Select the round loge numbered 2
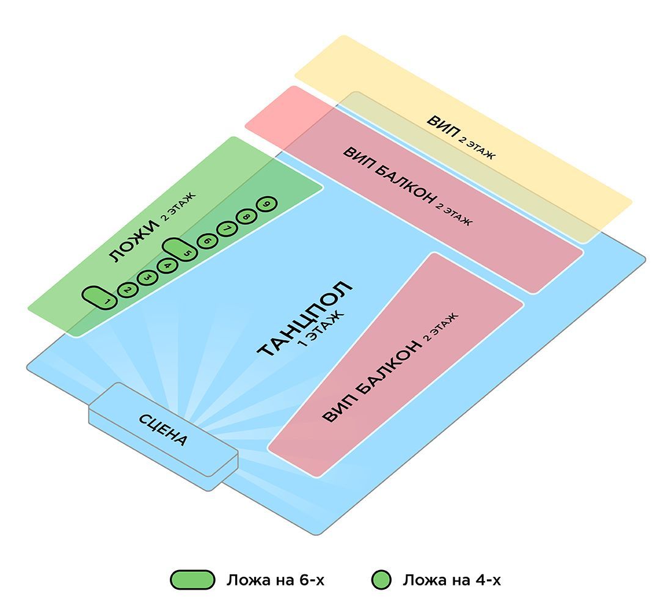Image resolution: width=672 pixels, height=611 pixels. [127, 290]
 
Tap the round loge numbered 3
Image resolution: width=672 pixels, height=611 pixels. [147, 278]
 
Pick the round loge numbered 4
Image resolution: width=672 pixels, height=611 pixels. [167, 266]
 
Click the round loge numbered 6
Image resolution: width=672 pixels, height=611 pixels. [207, 241]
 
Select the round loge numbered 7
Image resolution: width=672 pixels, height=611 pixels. [227, 229]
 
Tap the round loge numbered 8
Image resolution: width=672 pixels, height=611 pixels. [247, 216]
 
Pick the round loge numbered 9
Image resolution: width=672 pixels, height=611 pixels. [266, 204]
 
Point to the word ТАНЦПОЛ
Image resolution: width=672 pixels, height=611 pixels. [304, 319]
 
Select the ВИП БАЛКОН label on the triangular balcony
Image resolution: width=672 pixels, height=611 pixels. [372, 382]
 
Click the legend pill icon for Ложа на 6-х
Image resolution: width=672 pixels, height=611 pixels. [192, 580]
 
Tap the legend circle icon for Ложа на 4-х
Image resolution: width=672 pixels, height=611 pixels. [382, 580]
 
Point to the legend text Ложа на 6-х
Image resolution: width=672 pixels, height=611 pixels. [276, 580]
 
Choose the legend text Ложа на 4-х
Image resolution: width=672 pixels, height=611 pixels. [451, 580]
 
